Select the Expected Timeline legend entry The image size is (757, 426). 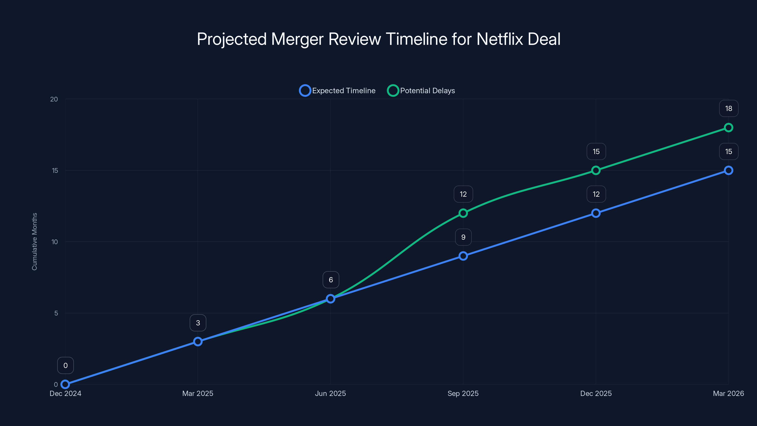[x=337, y=91]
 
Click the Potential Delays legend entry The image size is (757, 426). [x=421, y=91]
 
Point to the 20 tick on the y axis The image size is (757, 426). [x=54, y=99]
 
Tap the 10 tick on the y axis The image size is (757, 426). [x=55, y=242]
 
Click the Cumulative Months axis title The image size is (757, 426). [x=34, y=241]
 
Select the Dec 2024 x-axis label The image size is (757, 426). [x=65, y=393]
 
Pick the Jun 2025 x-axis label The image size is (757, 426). [x=330, y=393]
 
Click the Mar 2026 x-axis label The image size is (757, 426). [x=728, y=393]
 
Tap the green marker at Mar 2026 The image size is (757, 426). [x=728, y=128]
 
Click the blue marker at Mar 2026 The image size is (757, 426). [x=728, y=170]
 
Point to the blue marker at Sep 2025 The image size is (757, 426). [x=463, y=256]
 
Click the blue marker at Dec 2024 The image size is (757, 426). [x=65, y=384]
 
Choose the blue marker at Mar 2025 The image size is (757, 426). [x=198, y=341]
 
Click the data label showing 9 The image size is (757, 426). [x=463, y=237]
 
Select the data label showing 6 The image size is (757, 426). [x=331, y=280]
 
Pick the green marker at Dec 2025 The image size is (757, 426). [x=596, y=170]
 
